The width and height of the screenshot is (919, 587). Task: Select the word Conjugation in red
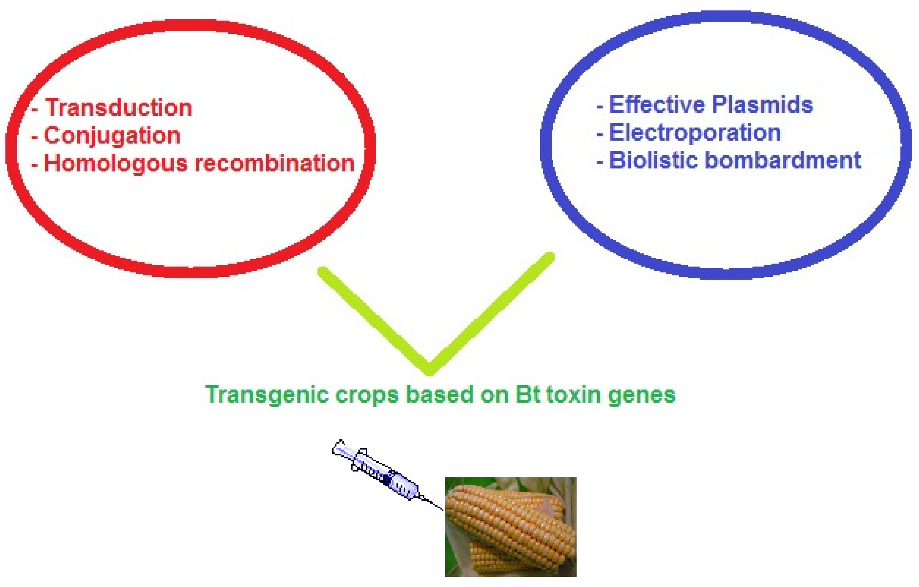(x=112, y=136)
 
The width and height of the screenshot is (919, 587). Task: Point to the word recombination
(x=275, y=163)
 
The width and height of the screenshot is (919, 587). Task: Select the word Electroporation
(x=695, y=133)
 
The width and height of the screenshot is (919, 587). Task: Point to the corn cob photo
(x=511, y=527)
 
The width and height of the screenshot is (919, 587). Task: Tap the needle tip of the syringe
(x=443, y=510)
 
